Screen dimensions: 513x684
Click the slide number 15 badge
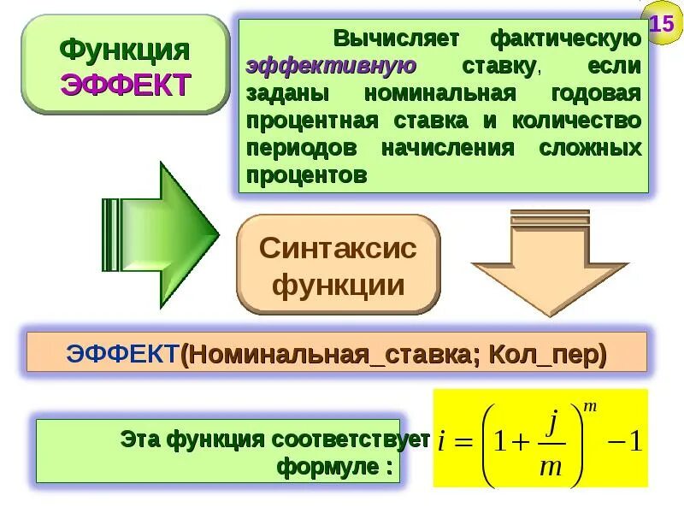coord(662,23)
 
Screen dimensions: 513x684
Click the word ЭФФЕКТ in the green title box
coord(125,85)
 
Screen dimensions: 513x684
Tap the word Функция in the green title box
coord(125,49)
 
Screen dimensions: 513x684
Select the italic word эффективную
coord(332,66)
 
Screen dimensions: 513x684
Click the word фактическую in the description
coord(565,38)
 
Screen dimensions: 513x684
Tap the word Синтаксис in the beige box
coord(338,249)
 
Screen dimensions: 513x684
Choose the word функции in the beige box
coord(338,285)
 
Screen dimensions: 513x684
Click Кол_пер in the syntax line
coord(547,353)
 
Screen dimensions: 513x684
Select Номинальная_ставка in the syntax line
coord(330,353)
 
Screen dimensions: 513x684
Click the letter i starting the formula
coord(441,443)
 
